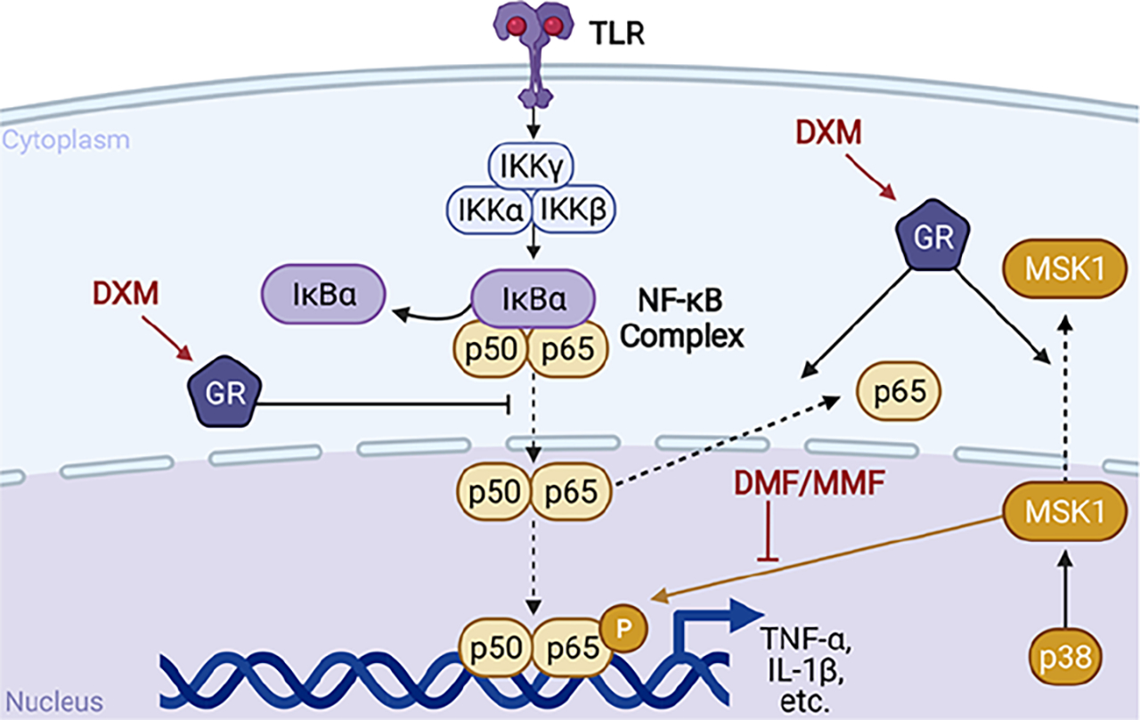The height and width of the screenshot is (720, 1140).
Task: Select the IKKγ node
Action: pos(531,166)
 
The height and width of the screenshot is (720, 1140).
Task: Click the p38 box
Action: pos(1062,659)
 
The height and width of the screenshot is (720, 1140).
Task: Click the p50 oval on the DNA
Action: pos(496,647)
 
